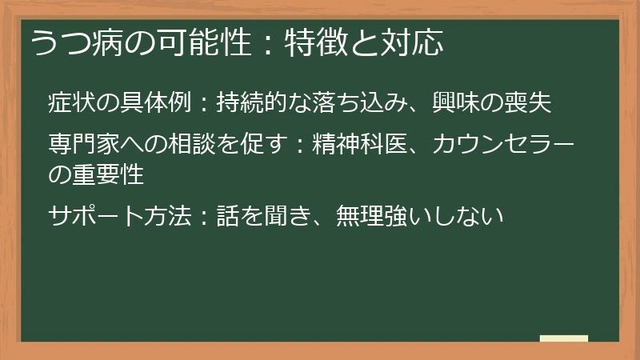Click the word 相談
point(194,146)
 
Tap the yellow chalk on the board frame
point(563,338)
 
